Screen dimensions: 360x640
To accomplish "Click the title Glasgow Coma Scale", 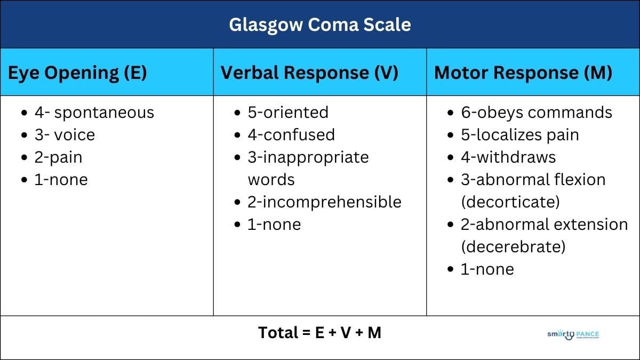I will point(320,25).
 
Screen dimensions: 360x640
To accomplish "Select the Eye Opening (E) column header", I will point(77,73).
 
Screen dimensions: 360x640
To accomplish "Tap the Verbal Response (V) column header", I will point(309,73).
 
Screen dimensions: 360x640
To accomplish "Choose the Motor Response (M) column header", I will point(523,73).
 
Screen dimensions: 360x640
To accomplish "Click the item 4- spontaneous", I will point(94,113).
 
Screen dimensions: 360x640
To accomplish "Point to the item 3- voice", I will point(65,135).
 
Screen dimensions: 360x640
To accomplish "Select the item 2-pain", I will point(59,157).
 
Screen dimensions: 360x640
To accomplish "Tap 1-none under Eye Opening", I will point(61,180).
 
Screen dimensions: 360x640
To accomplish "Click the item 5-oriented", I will point(288,113).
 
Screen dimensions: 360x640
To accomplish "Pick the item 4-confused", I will point(291,135).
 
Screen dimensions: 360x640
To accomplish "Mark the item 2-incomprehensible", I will point(324,202).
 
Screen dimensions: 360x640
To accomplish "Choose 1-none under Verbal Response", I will point(274,225).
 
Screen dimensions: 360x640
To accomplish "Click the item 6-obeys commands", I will point(537,113).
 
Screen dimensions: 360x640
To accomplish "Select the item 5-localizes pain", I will point(520,135).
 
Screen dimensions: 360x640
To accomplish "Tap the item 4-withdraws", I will point(508,157).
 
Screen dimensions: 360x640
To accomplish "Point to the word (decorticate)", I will point(510,202).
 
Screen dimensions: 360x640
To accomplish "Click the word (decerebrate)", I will point(513,247).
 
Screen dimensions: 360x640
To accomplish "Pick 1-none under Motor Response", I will point(487,269).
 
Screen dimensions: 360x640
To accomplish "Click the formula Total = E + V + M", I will point(320,333).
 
